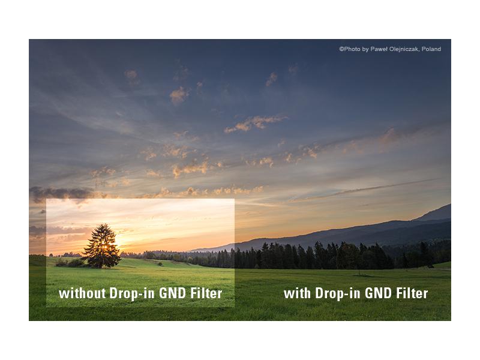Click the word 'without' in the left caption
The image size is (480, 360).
pos(82,293)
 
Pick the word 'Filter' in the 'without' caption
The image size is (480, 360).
pos(206,293)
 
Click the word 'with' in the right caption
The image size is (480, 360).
pos(298,293)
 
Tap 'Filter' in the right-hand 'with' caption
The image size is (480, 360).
pos(412,293)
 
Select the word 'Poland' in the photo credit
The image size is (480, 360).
pos(431,49)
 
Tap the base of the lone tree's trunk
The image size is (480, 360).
pos(101,266)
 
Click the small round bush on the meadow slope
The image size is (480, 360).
pos(160,263)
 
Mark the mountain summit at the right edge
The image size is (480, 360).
pos(449,205)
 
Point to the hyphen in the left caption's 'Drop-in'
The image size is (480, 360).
pos(137,295)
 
